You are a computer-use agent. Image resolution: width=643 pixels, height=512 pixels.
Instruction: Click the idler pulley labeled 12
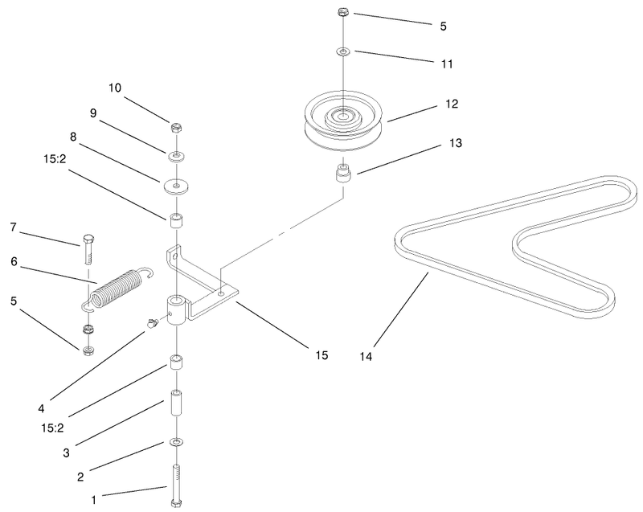343,121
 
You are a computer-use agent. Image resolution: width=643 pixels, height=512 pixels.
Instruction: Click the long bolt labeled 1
176,485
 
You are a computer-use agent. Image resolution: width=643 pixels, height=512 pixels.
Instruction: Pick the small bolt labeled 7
88,249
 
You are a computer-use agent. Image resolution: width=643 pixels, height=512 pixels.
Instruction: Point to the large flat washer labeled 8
176,186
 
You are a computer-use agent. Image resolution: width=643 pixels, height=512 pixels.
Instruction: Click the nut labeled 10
176,128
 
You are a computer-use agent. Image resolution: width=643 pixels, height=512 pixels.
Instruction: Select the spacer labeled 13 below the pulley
343,174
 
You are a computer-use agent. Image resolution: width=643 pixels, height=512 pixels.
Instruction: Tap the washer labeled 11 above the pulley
343,52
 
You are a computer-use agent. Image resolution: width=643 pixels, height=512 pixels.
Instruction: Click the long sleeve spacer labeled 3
176,403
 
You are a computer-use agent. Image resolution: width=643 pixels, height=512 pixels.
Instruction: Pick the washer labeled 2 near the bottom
176,442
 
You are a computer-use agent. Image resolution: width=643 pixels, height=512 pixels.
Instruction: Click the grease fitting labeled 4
153,323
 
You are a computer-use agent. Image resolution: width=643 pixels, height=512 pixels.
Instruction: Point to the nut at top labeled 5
343,12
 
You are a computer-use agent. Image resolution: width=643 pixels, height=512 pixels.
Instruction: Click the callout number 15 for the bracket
322,355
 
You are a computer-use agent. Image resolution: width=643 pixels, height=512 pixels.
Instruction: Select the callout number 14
366,357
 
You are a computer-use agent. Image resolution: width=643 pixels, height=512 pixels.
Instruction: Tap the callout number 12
452,104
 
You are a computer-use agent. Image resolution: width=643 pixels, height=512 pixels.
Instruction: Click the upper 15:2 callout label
55,159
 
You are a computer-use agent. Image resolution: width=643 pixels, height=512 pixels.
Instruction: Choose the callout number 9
93,113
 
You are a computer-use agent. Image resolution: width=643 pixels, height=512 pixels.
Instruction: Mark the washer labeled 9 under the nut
176,156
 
